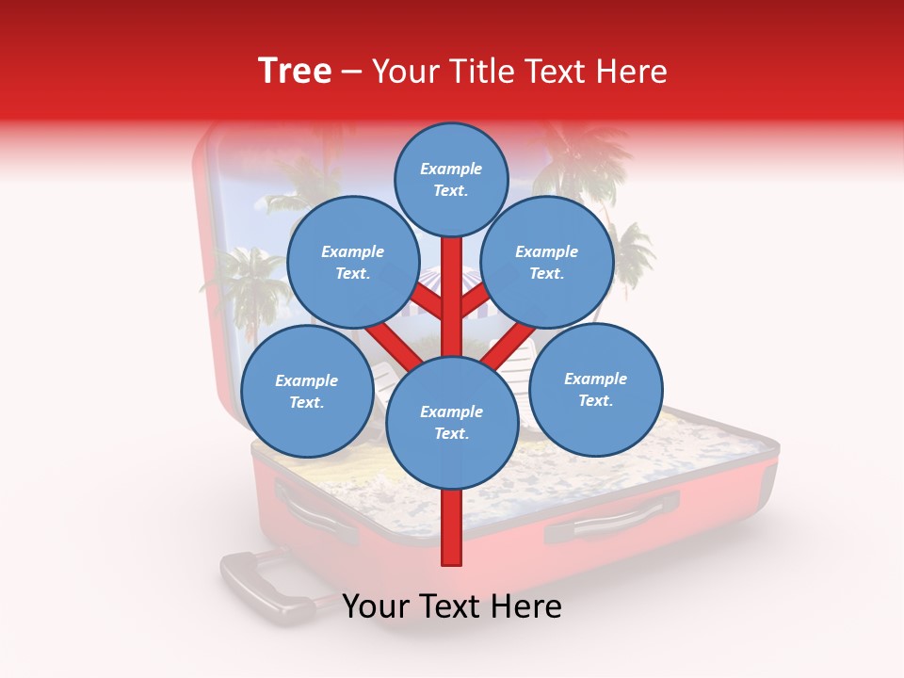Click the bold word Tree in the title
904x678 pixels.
pyautogui.click(x=295, y=71)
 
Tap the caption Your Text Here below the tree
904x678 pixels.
pyautogui.click(x=451, y=607)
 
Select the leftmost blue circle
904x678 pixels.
pyautogui.click(x=307, y=391)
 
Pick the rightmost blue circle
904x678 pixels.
pyautogui.click(x=595, y=389)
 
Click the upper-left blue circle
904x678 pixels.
pyautogui.click(x=352, y=262)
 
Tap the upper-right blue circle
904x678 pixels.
pyautogui.click(x=546, y=262)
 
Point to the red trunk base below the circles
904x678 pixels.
pyautogui.click(x=452, y=527)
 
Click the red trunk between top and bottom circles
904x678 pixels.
pyautogui.click(x=452, y=297)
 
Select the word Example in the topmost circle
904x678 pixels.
pyautogui.click(x=451, y=169)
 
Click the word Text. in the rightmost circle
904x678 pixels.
pyautogui.click(x=595, y=400)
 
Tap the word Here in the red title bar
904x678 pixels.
pyautogui.click(x=633, y=72)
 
